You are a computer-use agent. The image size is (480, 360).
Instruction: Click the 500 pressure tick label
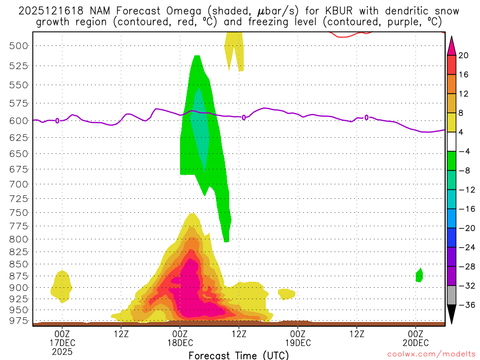tap(19, 45)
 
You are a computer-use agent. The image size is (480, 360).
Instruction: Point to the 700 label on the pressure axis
tap(19, 184)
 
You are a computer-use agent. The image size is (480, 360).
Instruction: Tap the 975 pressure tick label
tap(19, 321)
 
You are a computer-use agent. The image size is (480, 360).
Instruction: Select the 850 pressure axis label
tap(19, 264)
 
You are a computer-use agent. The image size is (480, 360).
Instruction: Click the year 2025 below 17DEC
tap(62, 351)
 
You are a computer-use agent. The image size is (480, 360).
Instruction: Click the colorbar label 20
tap(464, 55)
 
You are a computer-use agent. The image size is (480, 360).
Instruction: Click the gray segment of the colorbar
tap(451, 295)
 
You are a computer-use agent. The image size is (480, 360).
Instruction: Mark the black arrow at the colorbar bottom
tap(451, 314)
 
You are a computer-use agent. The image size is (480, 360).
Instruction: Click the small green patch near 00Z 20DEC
tap(419, 276)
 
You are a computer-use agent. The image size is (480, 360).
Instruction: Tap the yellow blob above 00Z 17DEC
tap(62, 285)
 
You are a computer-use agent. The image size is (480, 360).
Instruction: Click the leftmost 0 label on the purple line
tap(57, 120)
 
